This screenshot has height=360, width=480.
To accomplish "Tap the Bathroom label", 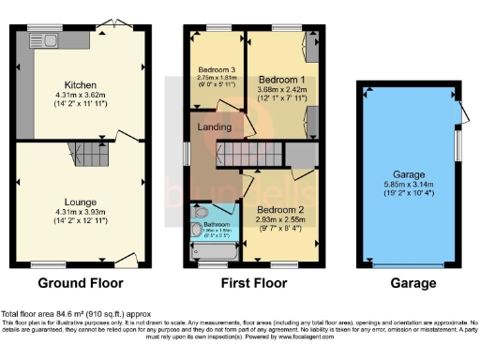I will [x=217, y=225].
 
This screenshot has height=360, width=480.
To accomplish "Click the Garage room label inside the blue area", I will [x=409, y=175].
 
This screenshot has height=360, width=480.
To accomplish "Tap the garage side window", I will [x=458, y=145].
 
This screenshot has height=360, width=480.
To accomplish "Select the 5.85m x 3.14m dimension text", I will [x=409, y=186].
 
